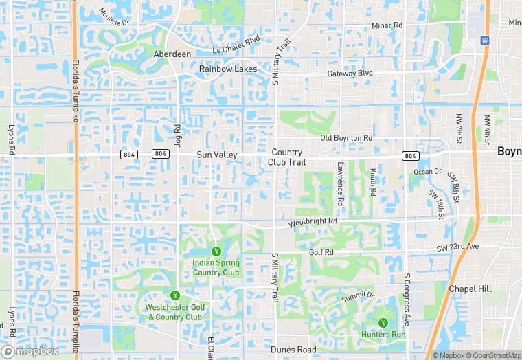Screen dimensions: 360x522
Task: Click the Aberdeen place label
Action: pyautogui.click(x=172, y=54)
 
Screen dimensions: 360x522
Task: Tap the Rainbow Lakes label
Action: pyautogui.click(x=228, y=69)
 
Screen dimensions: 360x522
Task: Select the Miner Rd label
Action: pyautogui.click(x=387, y=26)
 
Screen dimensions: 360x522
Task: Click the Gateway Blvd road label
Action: pyautogui.click(x=350, y=73)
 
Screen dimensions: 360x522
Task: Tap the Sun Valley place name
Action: pyautogui.click(x=217, y=155)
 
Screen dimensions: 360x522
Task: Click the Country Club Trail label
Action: pyautogui.click(x=288, y=157)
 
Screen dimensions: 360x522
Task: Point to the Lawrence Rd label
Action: pyautogui.click(x=340, y=184)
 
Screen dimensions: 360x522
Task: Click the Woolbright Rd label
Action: pyautogui.click(x=313, y=222)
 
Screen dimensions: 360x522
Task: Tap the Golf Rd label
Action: pyautogui.click(x=321, y=252)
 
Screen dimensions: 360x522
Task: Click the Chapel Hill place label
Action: pyautogui.click(x=470, y=289)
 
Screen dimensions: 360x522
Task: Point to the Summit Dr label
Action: pyautogui.click(x=358, y=295)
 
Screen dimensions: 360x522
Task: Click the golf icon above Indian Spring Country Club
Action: pyautogui.click(x=216, y=251)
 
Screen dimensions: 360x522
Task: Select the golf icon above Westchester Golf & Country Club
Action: pyautogui.click(x=174, y=295)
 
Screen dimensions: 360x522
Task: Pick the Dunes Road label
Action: pyautogui.click(x=293, y=350)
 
